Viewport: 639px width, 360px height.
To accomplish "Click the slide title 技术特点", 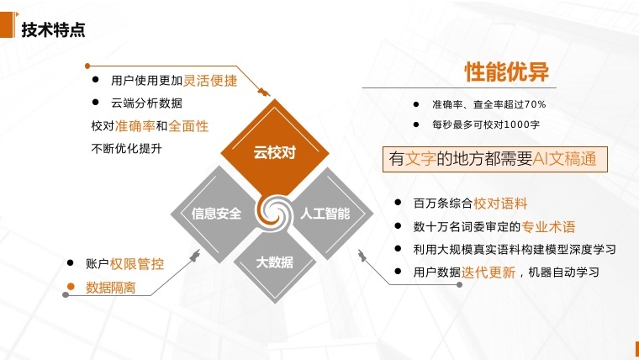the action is pyautogui.click(x=53, y=29).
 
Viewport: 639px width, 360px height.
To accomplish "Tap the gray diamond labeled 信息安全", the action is pyautogui.click(x=216, y=214).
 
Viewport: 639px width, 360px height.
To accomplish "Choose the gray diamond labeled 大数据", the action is pyautogui.click(x=275, y=263).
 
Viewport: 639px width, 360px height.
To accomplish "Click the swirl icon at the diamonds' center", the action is pyautogui.click(x=274, y=212).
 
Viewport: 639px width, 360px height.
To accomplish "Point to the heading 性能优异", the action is pyautogui.click(x=506, y=71).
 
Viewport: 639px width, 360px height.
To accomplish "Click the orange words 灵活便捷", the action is pyautogui.click(x=210, y=80).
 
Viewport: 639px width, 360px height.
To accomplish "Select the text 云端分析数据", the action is pyautogui.click(x=146, y=103).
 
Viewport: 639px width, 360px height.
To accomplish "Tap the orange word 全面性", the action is pyautogui.click(x=188, y=126).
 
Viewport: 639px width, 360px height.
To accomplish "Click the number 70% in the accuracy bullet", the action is pyautogui.click(x=535, y=104).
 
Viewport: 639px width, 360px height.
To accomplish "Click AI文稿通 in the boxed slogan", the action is pyautogui.click(x=564, y=159).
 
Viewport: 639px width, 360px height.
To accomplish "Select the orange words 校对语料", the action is pyautogui.click(x=500, y=203).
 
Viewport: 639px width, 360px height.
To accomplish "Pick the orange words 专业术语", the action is pyautogui.click(x=548, y=226).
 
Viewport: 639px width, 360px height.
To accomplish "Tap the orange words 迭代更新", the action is pyautogui.click(x=488, y=272).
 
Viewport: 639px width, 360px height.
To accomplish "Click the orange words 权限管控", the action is pyautogui.click(x=137, y=264).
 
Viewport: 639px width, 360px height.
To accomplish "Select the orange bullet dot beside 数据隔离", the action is pyautogui.click(x=71, y=286).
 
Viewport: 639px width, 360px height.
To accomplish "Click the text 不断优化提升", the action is pyautogui.click(x=126, y=148).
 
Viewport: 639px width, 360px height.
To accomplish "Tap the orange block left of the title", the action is pyautogui.click(x=8, y=25).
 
